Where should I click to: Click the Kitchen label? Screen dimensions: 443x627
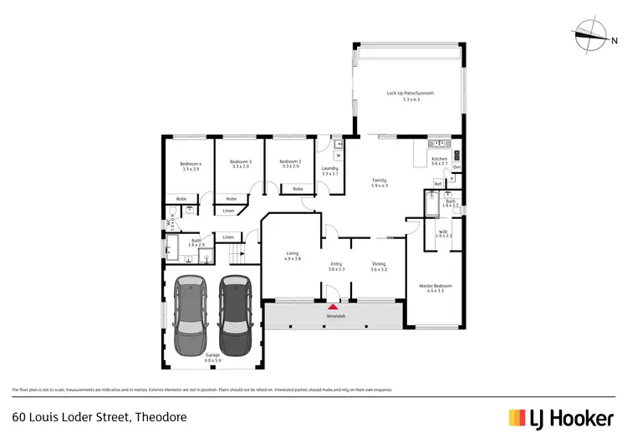(439, 159)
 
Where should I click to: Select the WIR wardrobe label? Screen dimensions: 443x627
(443, 232)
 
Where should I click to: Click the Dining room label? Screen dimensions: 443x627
(380, 265)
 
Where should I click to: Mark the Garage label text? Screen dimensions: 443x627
(212, 355)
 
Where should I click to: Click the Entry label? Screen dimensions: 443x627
(336, 265)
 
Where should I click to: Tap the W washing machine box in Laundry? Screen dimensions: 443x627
(339, 155)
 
